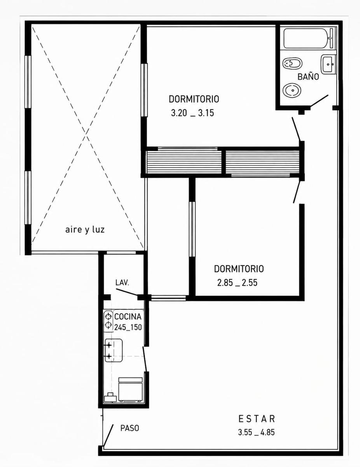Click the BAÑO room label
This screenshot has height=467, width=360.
coord(308,77)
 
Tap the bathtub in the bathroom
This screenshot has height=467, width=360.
coord(309,39)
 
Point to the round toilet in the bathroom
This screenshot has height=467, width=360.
coord(292,90)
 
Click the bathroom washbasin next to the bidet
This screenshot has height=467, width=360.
coord(328,64)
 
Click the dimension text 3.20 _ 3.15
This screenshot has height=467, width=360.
coord(192,113)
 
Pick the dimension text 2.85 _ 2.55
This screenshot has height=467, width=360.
coord(237,283)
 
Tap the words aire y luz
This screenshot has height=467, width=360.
coord(85,230)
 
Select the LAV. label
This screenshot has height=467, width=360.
coord(122,283)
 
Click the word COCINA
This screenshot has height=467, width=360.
coord(128,316)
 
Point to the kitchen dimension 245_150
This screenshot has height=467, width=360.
coord(128,327)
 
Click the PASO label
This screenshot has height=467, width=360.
coord(130,428)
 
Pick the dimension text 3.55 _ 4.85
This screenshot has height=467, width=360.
coord(256,432)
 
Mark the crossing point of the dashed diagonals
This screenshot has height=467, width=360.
coord(86,136)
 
